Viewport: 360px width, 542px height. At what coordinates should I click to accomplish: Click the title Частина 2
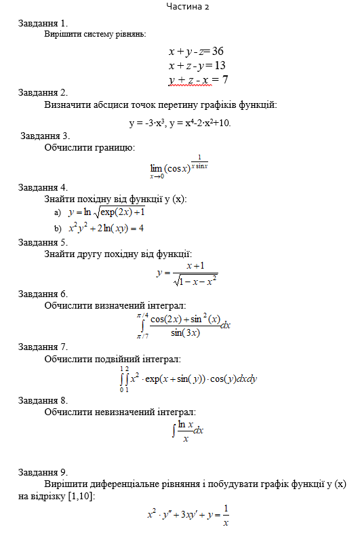187,6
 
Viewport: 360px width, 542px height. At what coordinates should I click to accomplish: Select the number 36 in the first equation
218,51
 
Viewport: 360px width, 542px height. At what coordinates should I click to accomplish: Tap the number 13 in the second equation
219,65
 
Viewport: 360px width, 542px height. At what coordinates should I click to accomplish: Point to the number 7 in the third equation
224,80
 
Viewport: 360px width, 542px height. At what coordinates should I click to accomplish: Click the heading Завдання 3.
45,135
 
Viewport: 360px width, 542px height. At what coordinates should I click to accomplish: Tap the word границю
115,147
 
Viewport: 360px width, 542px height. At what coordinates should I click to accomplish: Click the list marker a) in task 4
58,213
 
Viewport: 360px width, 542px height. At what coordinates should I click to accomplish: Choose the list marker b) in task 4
58,228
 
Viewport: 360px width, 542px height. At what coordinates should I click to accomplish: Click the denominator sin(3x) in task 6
185,332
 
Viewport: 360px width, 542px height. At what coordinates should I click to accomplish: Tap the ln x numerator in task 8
185,424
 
